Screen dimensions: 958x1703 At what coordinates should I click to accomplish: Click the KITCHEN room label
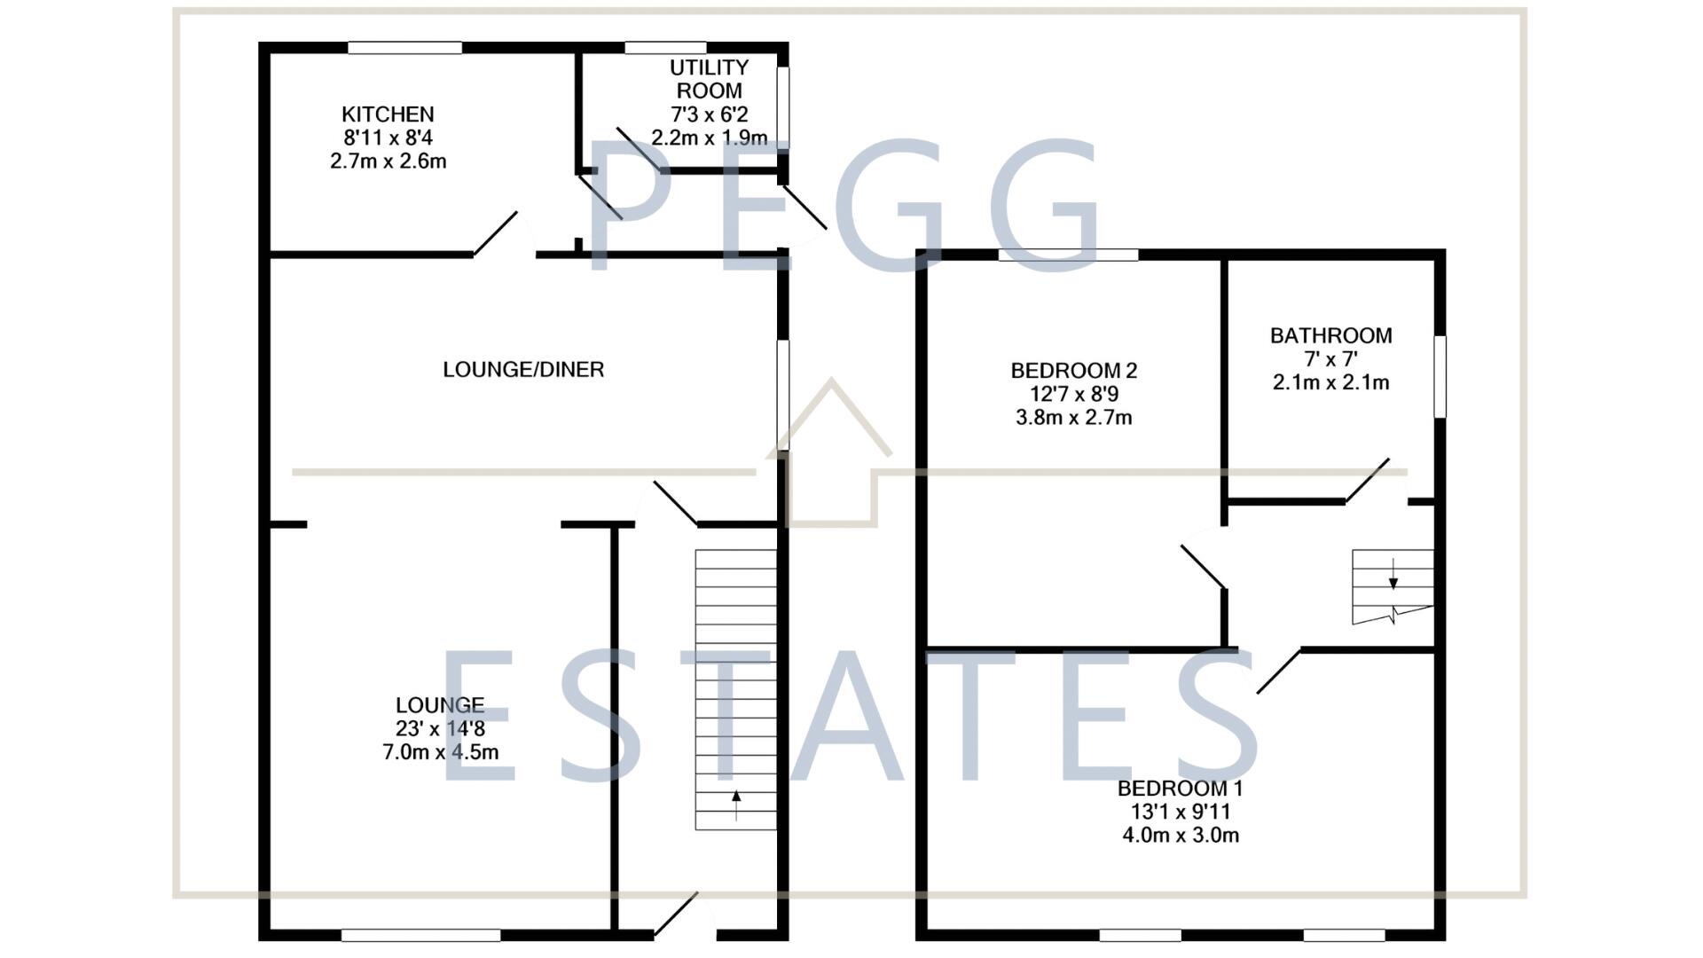pos(388,114)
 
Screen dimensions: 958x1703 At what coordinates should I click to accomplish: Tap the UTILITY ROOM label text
pos(709,79)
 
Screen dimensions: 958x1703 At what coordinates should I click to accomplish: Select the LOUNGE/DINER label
pos(523,369)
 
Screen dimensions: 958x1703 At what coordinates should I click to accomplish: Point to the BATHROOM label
pos(1330,335)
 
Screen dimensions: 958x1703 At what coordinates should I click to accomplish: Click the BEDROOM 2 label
pos(1073,370)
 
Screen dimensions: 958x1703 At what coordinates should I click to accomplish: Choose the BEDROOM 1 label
pos(1180,788)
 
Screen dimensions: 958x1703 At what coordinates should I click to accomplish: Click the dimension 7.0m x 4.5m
pos(440,752)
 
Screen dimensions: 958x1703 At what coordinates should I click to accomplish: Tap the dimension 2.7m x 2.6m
pos(388,161)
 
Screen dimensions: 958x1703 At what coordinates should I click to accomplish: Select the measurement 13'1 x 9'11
pos(1180,812)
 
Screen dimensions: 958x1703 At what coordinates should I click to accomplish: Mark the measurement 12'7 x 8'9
pos(1073,394)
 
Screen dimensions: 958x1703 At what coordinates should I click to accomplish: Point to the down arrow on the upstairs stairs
pos(1393,575)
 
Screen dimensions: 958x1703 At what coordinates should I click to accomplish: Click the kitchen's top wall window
pos(404,48)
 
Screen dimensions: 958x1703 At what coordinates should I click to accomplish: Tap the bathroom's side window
pos(1440,376)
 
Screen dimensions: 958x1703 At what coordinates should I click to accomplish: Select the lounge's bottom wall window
pos(420,934)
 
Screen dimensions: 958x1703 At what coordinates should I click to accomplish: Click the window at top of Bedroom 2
pos(1068,255)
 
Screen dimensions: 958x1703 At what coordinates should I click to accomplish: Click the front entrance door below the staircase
pos(677,915)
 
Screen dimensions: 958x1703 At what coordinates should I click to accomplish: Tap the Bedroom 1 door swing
pos(1278,671)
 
